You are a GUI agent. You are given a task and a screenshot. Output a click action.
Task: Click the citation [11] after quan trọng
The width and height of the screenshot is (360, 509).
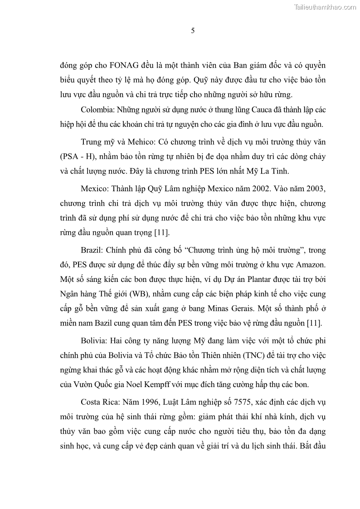(x=161, y=233)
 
